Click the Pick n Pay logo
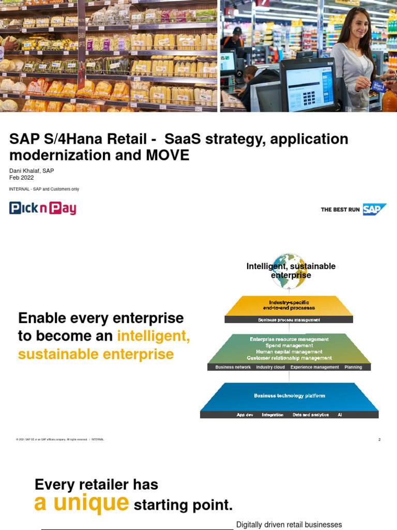(43, 209)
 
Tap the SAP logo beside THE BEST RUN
(374, 210)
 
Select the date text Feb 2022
(22, 178)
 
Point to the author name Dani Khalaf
(24, 171)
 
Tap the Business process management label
(289, 320)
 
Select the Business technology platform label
(289, 396)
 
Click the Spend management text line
(289, 345)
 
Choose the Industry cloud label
(270, 367)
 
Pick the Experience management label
(314, 367)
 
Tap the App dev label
(245, 415)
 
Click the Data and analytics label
(311, 415)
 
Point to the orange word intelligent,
(154, 336)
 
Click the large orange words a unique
(81, 502)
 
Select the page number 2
(379, 439)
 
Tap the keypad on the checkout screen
(310, 97)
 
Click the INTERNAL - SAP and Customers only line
(44, 189)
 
